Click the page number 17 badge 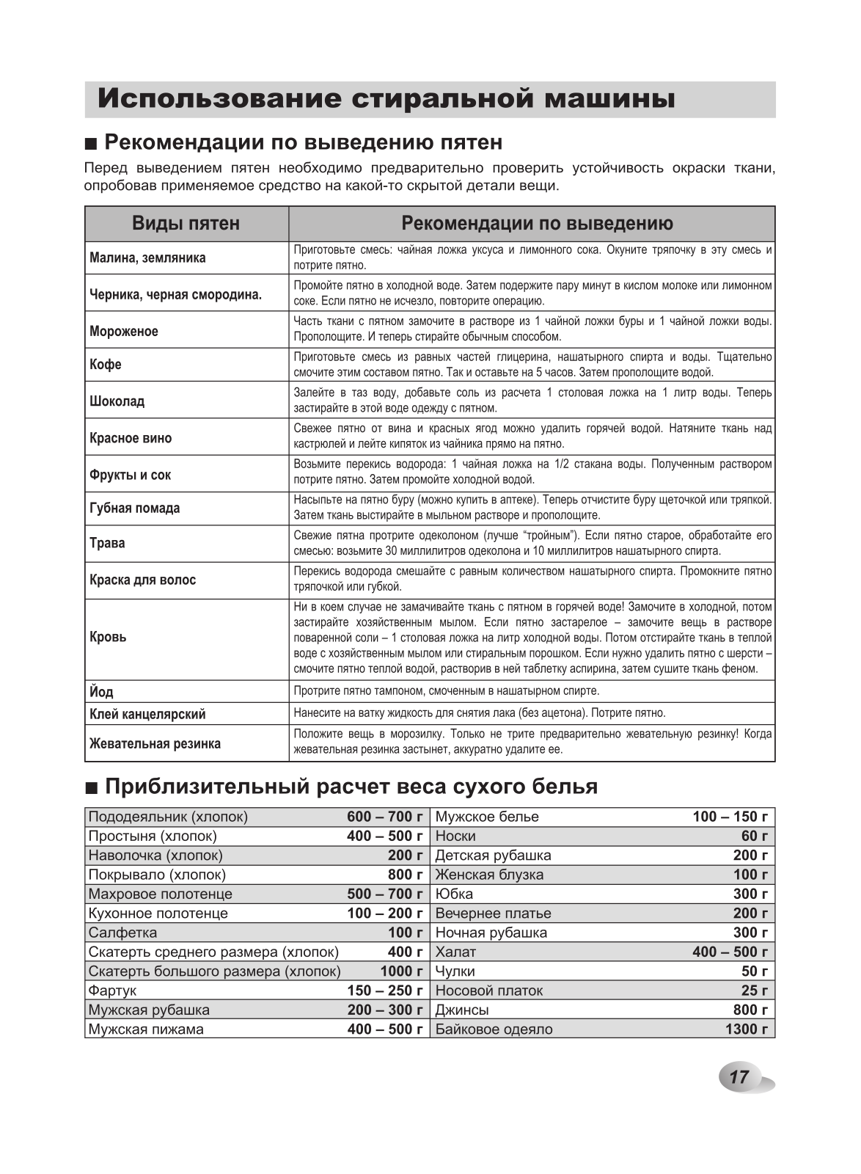pos(739,1077)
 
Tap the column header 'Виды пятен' pos(186,224)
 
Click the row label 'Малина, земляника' pos(147,258)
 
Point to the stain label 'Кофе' pos(106,365)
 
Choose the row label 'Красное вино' pos(131,438)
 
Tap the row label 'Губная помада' pos(134,508)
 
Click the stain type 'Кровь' pos(108,637)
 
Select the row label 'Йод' pos(101,692)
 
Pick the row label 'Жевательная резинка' pos(155,744)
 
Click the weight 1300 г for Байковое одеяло pos(746,1029)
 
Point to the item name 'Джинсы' pos(462,1010)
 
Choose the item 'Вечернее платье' pos(493,914)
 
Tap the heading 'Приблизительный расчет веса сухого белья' pos(351,787)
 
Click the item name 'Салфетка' pos(122,933)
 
